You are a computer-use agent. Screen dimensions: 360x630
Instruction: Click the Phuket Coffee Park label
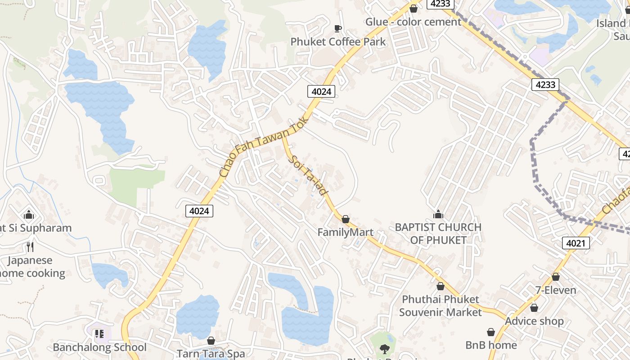tap(338, 42)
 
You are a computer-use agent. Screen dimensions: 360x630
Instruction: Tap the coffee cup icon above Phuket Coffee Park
tap(338, 28)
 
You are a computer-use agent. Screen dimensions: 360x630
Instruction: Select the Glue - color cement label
tap(413, 22)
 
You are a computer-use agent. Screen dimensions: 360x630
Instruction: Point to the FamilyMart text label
tap(345, 232)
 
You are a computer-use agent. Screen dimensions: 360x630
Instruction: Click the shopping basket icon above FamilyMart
tap(345, 219)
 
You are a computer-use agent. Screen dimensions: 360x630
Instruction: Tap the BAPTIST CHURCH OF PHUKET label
tap(438, 234)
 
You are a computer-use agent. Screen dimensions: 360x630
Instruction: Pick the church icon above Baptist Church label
tap(438, 214)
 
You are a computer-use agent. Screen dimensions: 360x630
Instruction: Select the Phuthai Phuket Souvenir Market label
tap(440, 306)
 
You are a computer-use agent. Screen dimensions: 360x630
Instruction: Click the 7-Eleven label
tap(556, 290)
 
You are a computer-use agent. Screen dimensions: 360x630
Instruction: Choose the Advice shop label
tap(534, 321)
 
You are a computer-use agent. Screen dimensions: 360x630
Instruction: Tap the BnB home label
tap(491, 345)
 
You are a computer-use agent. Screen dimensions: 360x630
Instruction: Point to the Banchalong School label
tap(99, 347)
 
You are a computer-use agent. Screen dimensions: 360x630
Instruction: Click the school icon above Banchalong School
tap(99, 334)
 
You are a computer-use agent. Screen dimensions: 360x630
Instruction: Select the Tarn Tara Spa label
tap(211, 354)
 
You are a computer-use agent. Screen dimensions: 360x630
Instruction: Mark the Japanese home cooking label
tap(31, 267)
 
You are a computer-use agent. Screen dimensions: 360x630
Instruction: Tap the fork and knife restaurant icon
tap(30, 247)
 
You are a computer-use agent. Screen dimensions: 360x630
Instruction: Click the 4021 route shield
tap(576, 243)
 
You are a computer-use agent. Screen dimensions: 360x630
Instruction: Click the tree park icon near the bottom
tap(384, 348)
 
